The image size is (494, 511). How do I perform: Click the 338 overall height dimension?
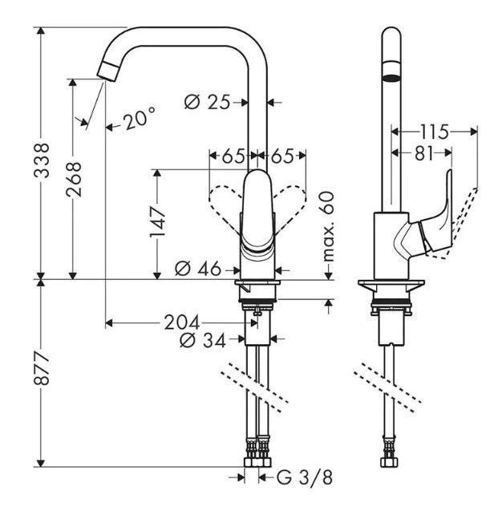pyautogui.click(x=42, y=160)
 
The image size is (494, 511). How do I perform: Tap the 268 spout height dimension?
pyautogui.click(x=73, y=179)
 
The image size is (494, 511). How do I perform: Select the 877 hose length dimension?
pyautogui.click(x=42, y=368)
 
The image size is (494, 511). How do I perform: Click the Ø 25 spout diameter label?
pyautogui.click(x=208, y=103)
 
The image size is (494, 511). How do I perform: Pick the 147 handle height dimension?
pyautogui.click(x=157, y=222)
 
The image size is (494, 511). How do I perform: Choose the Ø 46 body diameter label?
pyautogui.click(x=198, y=270)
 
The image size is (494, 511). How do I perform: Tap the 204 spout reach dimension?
pyautogui.click(x=181, y=323)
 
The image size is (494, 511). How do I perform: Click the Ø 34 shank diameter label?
pyautogui.click(x=202, y=341)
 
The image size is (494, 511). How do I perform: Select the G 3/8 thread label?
pyautogui.click(x=305, y=478)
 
